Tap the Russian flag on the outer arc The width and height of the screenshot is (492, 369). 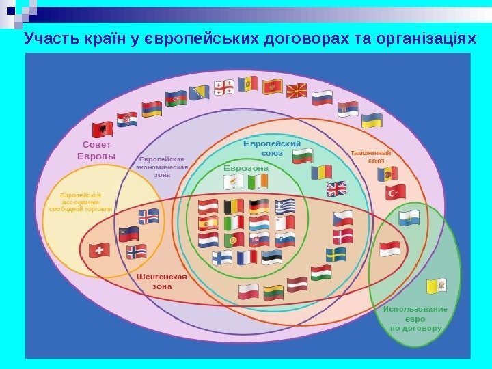[322, 98]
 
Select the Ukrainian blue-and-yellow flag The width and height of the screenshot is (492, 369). [371, 122]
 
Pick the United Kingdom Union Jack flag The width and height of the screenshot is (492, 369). [336, 189]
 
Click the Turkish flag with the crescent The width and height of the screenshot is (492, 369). [395, 192]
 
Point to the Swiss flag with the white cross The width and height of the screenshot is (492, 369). [100, 251]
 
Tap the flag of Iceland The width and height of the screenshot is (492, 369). [148, 216]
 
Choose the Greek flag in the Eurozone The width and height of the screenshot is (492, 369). [285, 206]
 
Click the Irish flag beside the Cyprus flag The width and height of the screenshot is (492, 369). [259, 182]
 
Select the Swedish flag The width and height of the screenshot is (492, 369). [336, 255]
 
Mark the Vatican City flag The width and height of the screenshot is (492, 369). [436, 285]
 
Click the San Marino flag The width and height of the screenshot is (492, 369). [409, 218]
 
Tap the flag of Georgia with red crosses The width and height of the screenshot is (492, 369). [223, 87]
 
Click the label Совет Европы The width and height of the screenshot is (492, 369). [96, 150]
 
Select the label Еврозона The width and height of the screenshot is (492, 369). [246, 167]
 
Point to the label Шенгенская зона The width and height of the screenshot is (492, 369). [161, 282]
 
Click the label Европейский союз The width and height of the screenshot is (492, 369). [272, 148]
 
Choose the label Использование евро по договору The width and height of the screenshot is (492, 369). [415, 318]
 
